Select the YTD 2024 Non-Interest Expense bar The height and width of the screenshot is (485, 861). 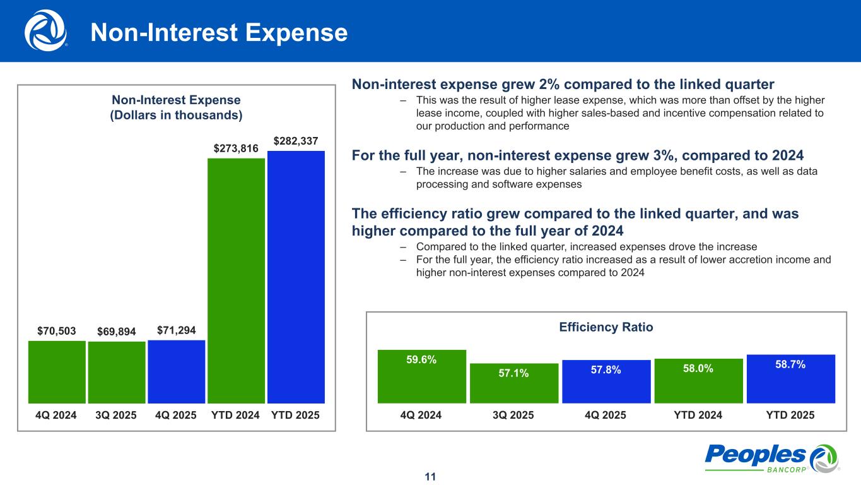(x=236, y=280)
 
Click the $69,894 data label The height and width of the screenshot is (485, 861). (x=117, y=331)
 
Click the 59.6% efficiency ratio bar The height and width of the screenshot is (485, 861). (x=421, y=376)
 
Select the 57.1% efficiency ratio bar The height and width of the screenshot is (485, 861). (x=513, y=383)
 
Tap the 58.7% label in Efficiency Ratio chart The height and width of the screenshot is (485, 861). (x=790, y=365)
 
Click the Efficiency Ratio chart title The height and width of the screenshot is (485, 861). (x=606, y=327)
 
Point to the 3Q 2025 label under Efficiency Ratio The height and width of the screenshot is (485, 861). (x=513, y=415)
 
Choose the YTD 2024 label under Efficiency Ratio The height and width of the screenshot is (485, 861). (x=698, y=415)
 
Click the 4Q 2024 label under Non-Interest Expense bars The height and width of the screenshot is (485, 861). (x=56, y=415)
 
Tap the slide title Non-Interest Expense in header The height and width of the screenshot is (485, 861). (x=219, y=33)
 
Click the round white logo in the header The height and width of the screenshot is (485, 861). (x=45, y=30)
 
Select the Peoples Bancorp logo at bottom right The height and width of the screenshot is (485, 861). (x=770, y=458)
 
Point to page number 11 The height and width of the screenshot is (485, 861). (x=430, y=477)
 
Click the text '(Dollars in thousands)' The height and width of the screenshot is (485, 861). (x=176, y=116)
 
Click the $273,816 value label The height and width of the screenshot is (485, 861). (x=236, y=148)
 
